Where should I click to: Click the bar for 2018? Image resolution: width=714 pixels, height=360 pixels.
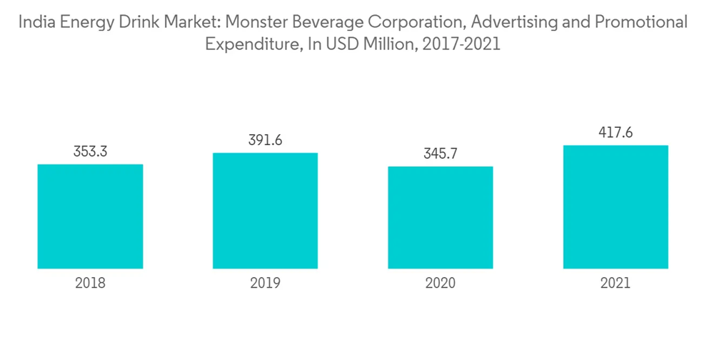pos(90,216)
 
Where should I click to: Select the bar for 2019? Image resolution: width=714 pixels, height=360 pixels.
pos(265,211)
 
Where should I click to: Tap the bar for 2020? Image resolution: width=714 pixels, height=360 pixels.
pos(441,217)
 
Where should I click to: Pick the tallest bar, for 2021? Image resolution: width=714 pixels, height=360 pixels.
pos(615,207)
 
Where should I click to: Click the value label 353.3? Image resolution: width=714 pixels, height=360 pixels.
pos(90,152)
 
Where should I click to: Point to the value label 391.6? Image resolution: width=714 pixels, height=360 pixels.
pos(265,141)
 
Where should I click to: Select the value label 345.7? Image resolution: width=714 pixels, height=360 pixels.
pos(441,154)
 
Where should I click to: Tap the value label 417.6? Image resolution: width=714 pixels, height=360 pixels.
pos(615,133)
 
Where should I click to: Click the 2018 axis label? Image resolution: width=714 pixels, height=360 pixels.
pos(90,284)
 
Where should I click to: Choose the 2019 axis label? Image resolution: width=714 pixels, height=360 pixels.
pos(265,284)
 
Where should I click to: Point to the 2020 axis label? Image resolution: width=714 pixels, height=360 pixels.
pos(441,284)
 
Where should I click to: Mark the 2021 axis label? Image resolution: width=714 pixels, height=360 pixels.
pos(615,284)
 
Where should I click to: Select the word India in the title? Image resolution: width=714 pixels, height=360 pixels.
pos(34,22)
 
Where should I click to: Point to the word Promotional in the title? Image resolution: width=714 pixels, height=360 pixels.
pos(640,22)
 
